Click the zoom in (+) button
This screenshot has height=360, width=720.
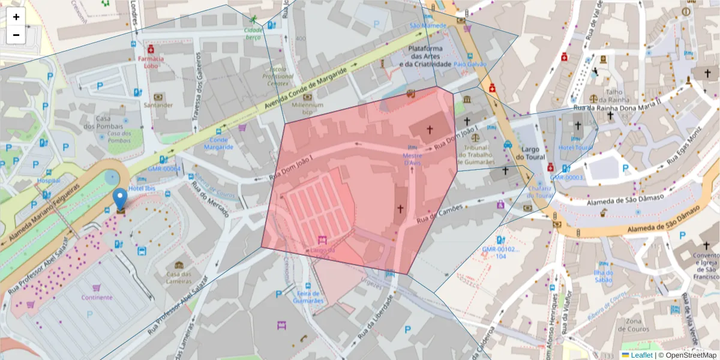(x=16, y=17)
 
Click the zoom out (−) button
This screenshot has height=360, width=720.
(x=16, y=35)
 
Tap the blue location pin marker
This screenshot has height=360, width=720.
(x=121, y=199)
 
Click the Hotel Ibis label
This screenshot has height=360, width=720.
(x=143, y=188)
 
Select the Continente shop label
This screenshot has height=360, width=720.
(x=97, y=297)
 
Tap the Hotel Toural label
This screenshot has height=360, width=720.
(x=575, y=147)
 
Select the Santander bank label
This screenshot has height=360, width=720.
(x=158, y=105)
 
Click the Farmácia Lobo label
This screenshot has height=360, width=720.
(x=151, y=62)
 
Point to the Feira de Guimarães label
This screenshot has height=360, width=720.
(x=310, y=297)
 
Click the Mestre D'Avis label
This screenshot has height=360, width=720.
(x=412, y=159)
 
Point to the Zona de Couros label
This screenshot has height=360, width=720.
(x=638, y=325)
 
